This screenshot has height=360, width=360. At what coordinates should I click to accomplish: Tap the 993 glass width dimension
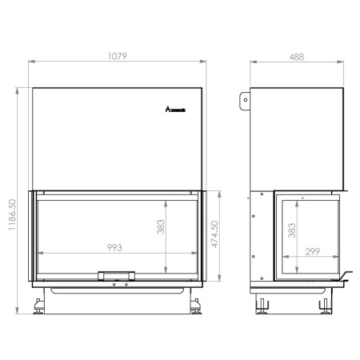(x=114, y=248)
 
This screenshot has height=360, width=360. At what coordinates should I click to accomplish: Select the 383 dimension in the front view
(x=160, y=230)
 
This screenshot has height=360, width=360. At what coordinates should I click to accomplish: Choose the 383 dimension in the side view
(x=291, y=230)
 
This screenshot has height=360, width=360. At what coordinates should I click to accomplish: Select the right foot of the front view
(x=195, y=305)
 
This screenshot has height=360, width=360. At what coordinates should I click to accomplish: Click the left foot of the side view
(x=262, y=305)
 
